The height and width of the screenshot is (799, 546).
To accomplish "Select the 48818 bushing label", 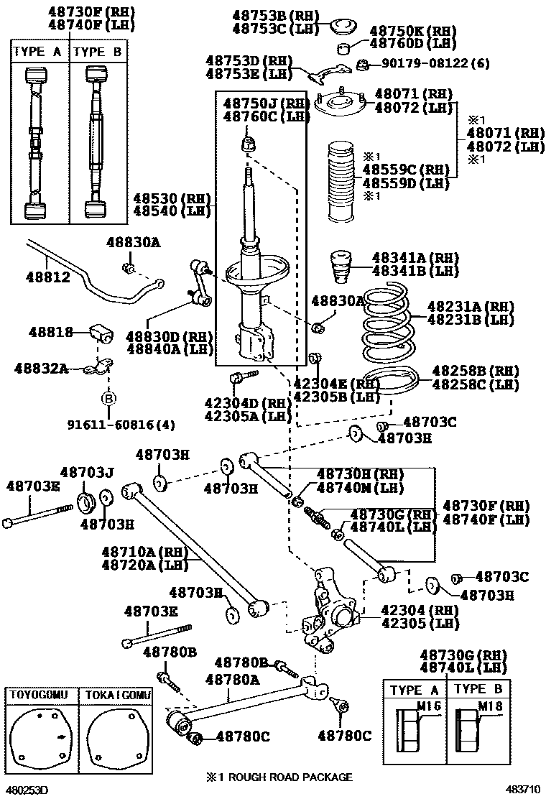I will (x=51, y=332).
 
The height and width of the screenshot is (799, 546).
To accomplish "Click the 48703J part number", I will (x=87, y=472).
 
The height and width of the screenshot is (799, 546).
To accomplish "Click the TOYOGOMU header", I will (x=38, y=696).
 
